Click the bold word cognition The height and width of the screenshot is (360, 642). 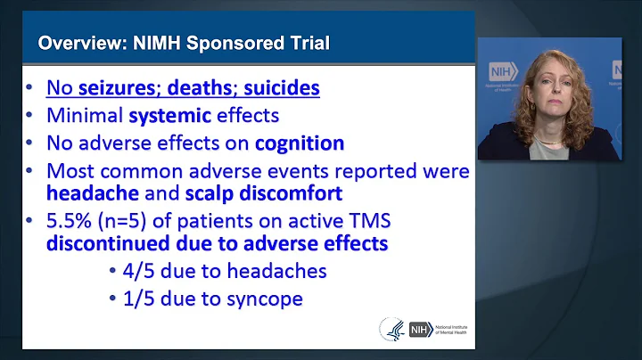(298, 143)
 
